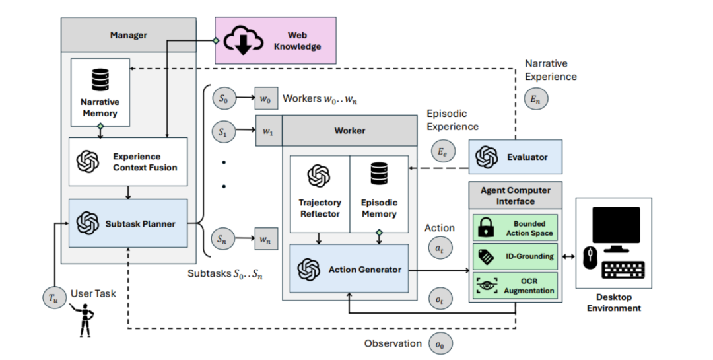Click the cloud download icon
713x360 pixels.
[x=244, y=40]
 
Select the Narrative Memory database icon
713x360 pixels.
[x=100, y=80]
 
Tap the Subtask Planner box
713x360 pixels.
[x=128, y=223]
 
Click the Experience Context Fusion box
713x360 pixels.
[x=128, y=162]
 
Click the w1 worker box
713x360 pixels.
[x=268, y=131]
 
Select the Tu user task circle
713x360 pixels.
[x=55, y=298]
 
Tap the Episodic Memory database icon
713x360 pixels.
[x=379, y=174]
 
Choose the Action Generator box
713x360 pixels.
[x=349, y=269]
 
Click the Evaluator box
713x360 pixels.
[x=515, y=157]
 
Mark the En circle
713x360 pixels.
[x=535, y=100]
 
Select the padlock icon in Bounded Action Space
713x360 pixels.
[x=486, y=228]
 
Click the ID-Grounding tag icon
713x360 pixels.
[x=486, y=257]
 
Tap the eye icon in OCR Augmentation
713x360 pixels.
[x=487, y=286]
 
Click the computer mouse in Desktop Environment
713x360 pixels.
[x=590, y=258]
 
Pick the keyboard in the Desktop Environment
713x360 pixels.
[x=623, y=270]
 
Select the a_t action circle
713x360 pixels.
[x=439, y=248]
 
